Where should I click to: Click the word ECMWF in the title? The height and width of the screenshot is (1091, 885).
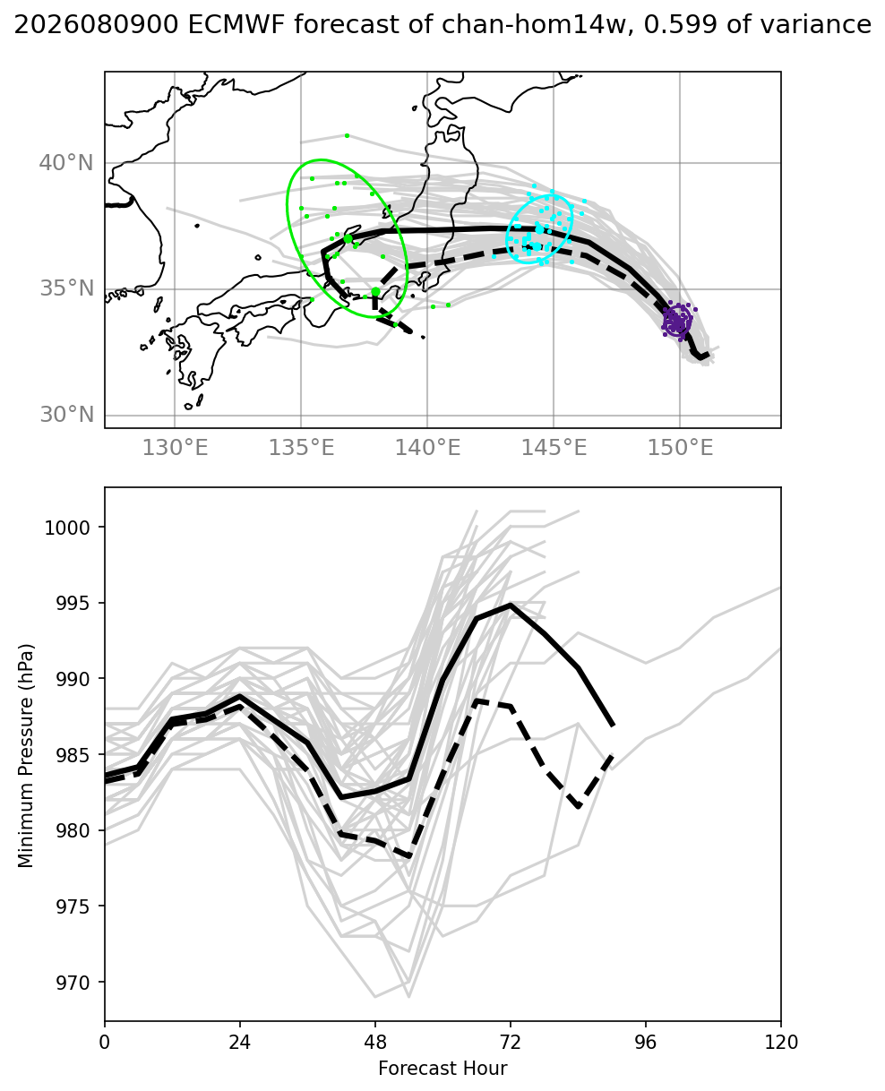tap(236, 24)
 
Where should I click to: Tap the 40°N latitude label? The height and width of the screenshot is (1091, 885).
tap(66, 163)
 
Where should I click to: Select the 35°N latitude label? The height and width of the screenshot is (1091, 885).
tap(66, 288)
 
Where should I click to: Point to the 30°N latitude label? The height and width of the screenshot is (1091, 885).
tap(66, 415)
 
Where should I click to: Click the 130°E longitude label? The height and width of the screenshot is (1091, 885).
tap(175, 448)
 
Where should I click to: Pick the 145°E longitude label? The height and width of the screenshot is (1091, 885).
tap(554, 448)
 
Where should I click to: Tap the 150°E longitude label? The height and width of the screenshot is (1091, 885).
tap(680, 448)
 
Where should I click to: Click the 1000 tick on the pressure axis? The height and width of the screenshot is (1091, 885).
tap(67, 528)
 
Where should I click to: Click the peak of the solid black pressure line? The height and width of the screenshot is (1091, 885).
tap(510, 605)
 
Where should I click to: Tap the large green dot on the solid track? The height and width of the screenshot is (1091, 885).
tap(348, 238)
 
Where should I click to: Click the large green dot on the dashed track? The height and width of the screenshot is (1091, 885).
tap(375, 292)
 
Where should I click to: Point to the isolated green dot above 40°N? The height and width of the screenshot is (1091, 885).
tap(347, 136)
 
